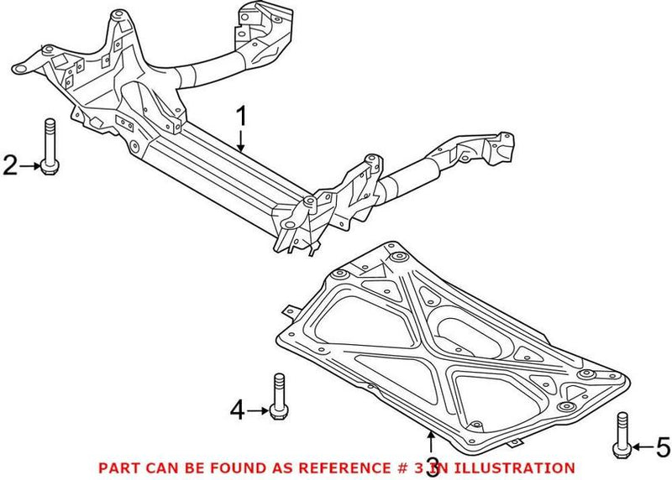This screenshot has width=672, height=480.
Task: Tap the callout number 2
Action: coord(10,166)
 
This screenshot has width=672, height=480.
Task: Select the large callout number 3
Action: coord(432,467)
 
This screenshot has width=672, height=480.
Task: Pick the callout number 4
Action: coord(238,410)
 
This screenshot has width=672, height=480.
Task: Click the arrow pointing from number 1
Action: coord(241,141)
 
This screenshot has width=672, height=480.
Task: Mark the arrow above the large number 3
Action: coord(432,441)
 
